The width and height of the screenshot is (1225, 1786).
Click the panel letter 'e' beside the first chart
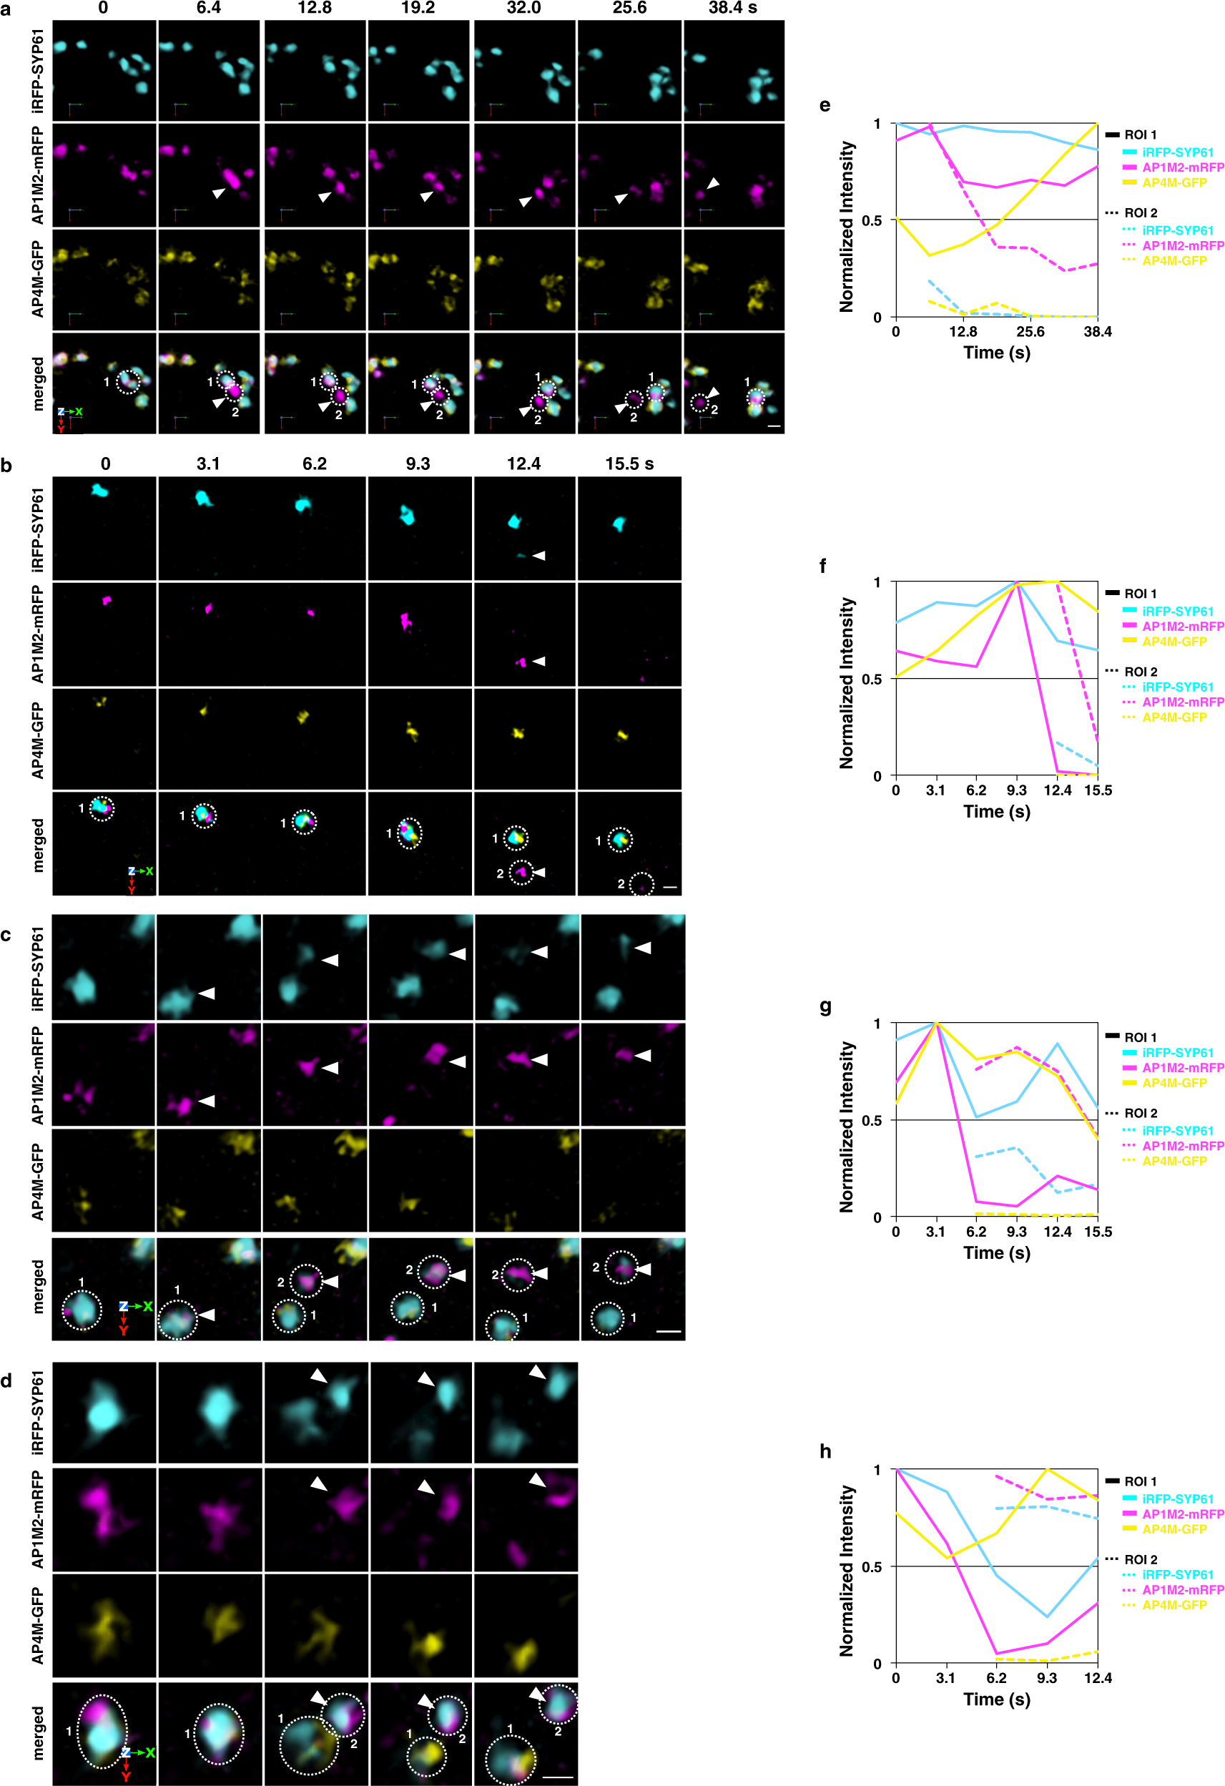[x=825, y=105]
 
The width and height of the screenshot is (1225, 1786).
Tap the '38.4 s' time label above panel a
[x=732, y=8]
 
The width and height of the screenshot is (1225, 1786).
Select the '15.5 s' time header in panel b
[x=629, y=463]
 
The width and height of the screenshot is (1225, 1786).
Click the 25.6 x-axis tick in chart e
[x=1030, y=332]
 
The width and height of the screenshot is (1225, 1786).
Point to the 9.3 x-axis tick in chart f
[x=1016, y=790]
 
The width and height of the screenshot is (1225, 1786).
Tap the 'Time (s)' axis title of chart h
[x=997, y=1699]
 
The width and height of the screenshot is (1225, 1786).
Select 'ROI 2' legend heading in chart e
[x=1141, y=213]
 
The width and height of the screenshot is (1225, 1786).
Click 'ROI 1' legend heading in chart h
[x=1141, y=1481]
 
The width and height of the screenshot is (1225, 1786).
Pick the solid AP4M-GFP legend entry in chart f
[x=1174, y=642]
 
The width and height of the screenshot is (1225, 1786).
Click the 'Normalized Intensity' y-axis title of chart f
[x=846, y=682]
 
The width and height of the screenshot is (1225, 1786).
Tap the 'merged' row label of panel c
[x=38, y=1287]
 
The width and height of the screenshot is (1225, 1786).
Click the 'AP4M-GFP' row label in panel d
[x=38, y=1625]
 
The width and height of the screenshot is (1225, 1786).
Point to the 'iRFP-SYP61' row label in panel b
[x=38, y=529]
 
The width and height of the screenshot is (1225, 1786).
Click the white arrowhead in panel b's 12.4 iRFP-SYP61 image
[x=538, y=555]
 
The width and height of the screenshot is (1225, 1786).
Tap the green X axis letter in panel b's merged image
[x=149, y=871]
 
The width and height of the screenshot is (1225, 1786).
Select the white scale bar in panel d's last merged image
[x=558, y=1777]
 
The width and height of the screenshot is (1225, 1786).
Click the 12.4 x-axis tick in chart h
[x=1098, y=1678]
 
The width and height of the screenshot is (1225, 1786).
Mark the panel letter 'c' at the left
[x=7, y=936]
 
